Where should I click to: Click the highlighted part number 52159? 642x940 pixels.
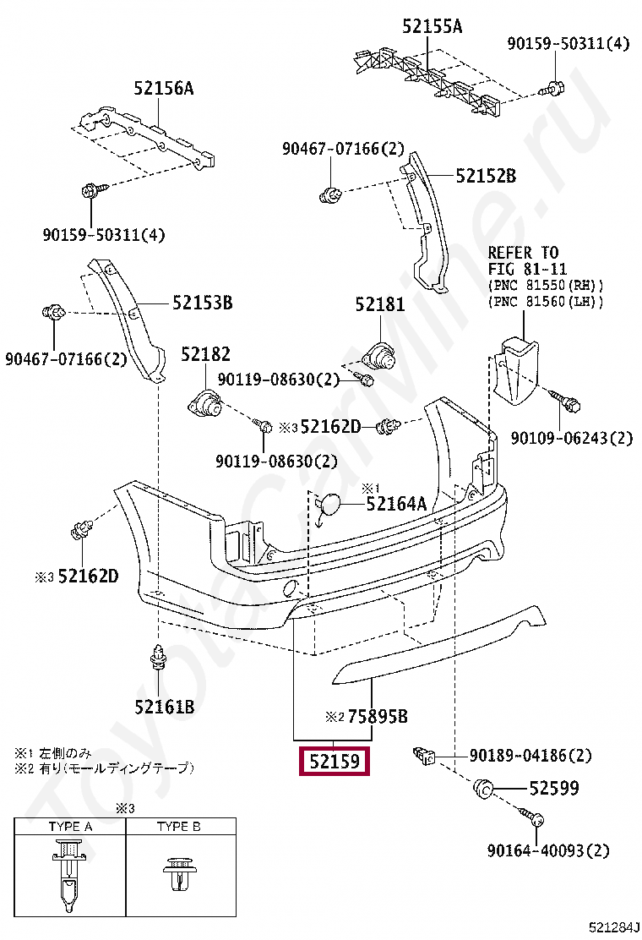click(x=333, y=762)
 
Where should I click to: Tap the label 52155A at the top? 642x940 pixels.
click(x=432, y=26)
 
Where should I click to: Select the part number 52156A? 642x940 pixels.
click(x=163, y=87)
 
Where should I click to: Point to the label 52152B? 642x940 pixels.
click(x=486, y=176)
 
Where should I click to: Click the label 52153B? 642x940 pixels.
click(x=202, y=302)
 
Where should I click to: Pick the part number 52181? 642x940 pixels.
click(x=379, y=305)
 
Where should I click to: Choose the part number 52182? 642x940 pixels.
click(x=204, y=354)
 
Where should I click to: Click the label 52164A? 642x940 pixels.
click(x=396, y=504)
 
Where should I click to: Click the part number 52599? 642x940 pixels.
click(x=553, y=789)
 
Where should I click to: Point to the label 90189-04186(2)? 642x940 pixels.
click(x=530, y=755)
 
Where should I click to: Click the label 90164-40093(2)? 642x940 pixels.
click(x=547, y=850)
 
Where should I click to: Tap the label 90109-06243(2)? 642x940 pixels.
click(x=571, y=438)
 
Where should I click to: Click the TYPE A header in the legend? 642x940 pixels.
click(x=70, y=826)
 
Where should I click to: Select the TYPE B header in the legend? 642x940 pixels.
click(x=178, y=826)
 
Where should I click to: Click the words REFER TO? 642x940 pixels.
click(x=523, y=253)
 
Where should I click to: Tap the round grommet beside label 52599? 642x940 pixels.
click(x=485, y=789)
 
